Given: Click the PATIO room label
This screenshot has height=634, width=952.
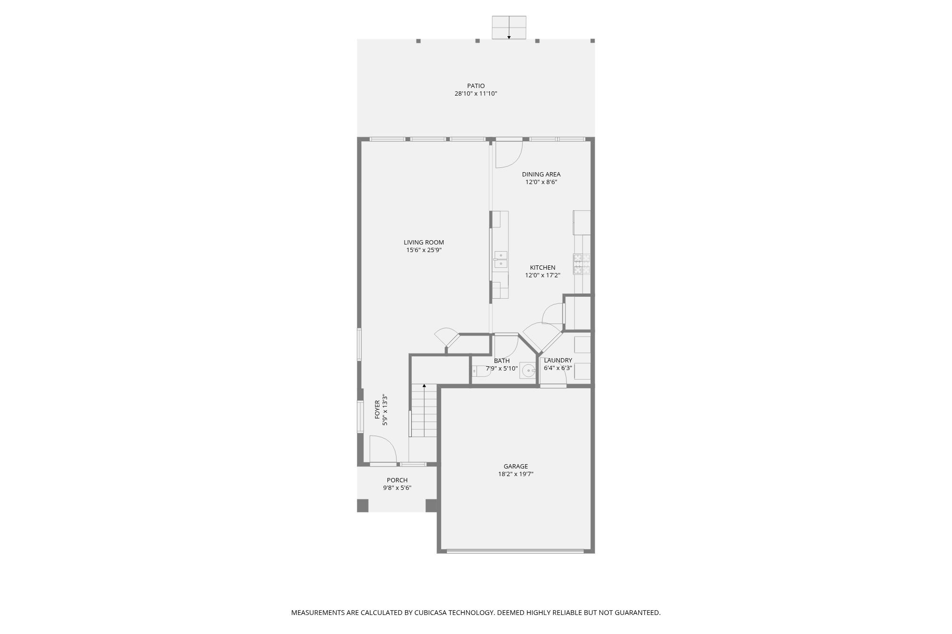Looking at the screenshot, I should point(476,86).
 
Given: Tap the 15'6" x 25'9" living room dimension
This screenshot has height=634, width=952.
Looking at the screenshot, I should point(424,250).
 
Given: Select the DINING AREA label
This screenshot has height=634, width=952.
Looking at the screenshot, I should point(541,175).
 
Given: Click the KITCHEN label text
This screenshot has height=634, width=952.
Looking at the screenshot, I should point(542,268).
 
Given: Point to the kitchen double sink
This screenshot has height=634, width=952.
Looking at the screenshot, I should point(501,260).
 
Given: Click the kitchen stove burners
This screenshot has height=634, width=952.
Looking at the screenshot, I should point(582,264).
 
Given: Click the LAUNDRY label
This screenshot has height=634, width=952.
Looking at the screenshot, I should point(557,361).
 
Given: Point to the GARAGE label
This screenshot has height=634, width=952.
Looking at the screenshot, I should point(516,467).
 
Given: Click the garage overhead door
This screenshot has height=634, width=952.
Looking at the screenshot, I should point(515,551).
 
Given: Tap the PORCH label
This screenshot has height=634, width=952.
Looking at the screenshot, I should point(397,480).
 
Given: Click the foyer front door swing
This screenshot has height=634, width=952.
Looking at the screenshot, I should point(382,449).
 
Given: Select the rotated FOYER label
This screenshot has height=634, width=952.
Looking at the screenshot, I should point(377,410).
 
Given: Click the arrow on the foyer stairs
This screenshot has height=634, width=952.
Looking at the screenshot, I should point(424,386).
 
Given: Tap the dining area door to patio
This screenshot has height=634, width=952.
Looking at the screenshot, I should point(508,153).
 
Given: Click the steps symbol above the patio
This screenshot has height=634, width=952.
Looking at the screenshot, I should point(509,28).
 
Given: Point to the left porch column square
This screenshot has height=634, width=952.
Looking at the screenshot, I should point(363,505).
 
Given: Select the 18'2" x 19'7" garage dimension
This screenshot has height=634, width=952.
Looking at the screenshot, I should point(516,474).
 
